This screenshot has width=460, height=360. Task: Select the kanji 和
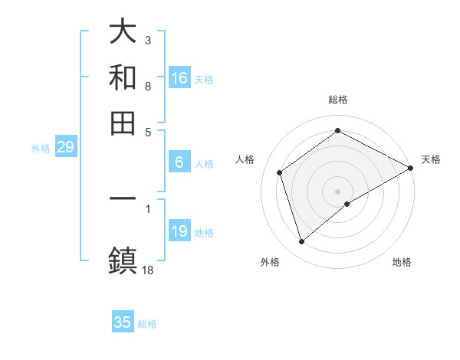(x=123, y=77)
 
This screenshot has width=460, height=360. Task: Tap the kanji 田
(x=123, y=123)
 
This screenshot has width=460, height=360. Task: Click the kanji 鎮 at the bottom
(x=123, y=259)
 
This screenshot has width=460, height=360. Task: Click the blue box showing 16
(x=179, y=78)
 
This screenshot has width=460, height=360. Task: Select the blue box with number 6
(x=179, y=162)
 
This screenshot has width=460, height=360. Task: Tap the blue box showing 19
(x=179, y=231)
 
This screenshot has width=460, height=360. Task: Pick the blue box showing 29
(x=65, y=147)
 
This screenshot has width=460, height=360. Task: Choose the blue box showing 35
(x=123, y=322)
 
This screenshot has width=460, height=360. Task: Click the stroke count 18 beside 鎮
(x=148, y=270)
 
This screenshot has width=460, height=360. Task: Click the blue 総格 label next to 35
(x=147, y=324)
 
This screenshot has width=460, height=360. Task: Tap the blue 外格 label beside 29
(x=41, y=149)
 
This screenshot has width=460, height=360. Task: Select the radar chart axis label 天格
(x=431, y=159)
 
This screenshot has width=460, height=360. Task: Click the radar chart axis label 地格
(x=402, y=262)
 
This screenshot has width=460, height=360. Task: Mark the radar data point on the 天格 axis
(x=411, y=168)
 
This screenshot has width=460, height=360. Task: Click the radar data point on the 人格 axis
(x=280, y=172)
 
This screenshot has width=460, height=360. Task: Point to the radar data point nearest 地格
(x=347, y=204)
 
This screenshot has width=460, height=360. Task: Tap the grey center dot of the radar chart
(x=338, y=191)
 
